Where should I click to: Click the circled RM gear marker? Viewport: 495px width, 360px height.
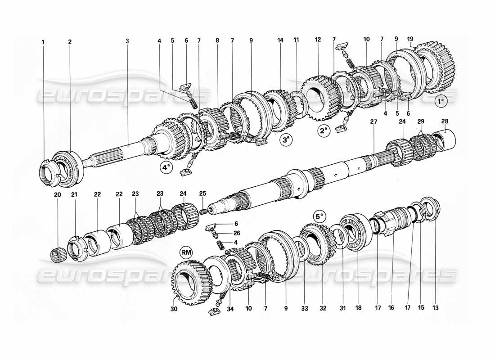tap(186, 251)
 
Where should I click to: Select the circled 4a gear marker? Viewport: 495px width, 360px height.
tap(166, 168)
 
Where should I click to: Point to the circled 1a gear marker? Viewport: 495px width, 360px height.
tap(441, 101)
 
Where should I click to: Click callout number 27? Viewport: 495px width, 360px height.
tap(373, 121)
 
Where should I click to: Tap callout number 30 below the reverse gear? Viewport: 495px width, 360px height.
tap(174, 309)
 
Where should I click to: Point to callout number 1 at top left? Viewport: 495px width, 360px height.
tap(44, 41)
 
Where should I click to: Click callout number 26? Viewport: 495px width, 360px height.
tap(236, 233)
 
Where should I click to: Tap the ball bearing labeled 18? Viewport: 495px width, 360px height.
tap(356, 232)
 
